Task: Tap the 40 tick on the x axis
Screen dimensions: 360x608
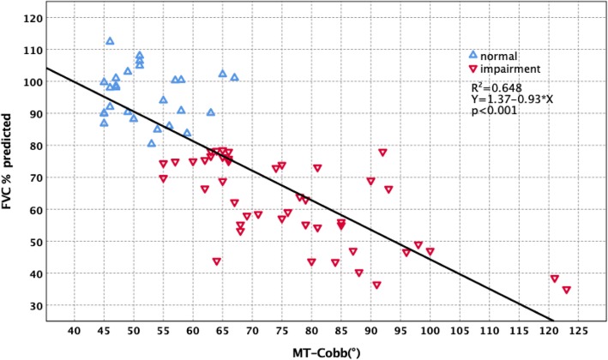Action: tap(74, 329)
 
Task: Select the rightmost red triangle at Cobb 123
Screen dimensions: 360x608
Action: tap(566, 290)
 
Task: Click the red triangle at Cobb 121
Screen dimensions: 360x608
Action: tap(555, 279)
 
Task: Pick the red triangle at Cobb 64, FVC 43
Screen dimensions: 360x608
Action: tap(217, 261)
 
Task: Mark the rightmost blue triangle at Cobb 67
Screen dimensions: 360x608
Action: tap(234, 77)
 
